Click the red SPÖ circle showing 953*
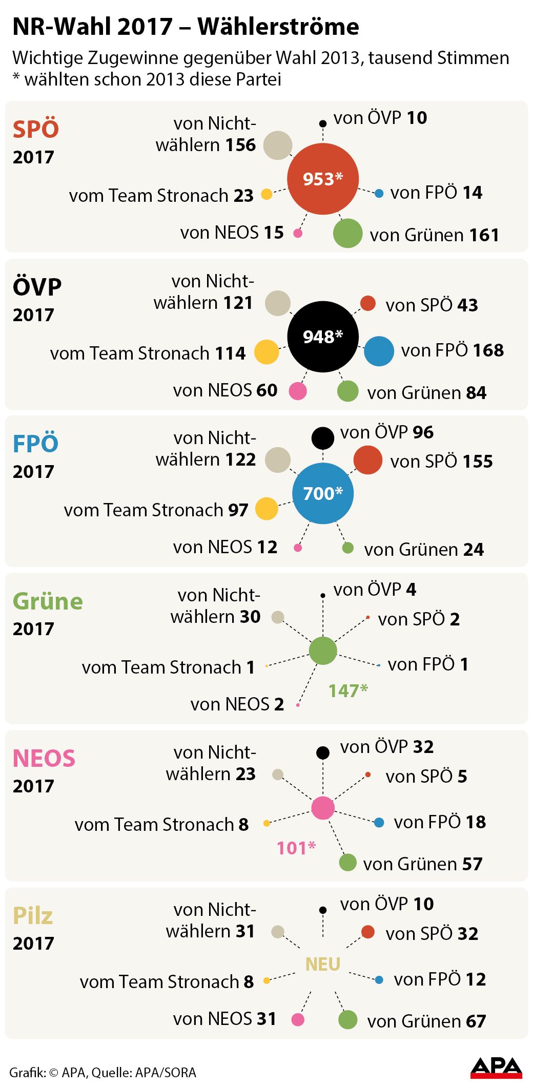coord(323,179)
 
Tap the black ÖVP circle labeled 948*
coord(323,337)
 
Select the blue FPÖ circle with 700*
coord(323,493)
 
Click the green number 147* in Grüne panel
coord(348,690)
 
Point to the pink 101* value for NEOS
coord(296,848)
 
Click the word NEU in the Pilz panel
coord(323,964)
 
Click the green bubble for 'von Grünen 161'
coord(348,233)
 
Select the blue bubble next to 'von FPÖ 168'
coord(379,351)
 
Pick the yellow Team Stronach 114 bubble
coord(266,352)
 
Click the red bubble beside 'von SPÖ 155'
coord(368,459)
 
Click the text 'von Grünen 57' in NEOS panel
coord(423,864)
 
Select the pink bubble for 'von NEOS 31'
coord(298,1019)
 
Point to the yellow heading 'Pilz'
coord(33,916)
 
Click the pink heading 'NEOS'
coord(44,758)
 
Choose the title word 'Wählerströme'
coord(278,27)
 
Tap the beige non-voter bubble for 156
coord(278,145)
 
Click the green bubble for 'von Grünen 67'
coord(348,1019)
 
